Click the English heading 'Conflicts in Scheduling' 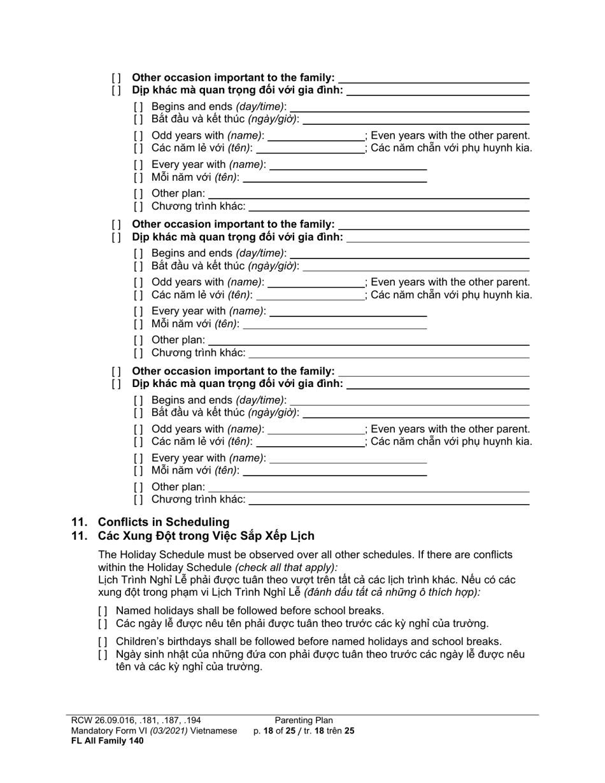[163, 521]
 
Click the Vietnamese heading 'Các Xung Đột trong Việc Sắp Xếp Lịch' [206, 535]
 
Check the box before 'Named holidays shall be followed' [103, 611]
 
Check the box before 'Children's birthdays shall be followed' [103, 642]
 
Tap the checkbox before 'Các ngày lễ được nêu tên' [103, 624]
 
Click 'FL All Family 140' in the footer [107, 740]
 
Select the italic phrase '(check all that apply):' [287, 567]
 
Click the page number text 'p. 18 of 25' [274, 731]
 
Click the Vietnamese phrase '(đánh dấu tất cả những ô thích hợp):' [392, 592]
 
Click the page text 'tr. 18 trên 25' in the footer [329, 731]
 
